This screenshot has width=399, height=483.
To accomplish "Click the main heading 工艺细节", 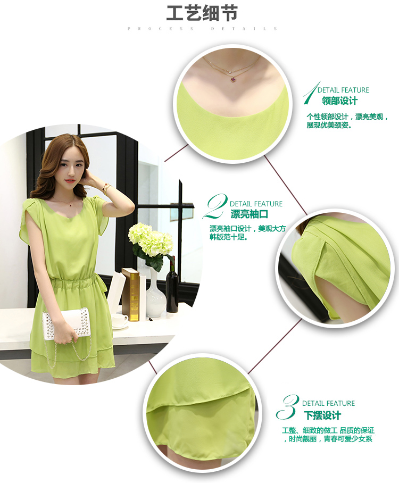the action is pyautogui.click(x=202, y=13).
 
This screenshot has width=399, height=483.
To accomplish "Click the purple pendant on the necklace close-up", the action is pyautogui.click(x=233, y=79).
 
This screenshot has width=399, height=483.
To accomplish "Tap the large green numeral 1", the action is pyautogui.click(x=310, y=93).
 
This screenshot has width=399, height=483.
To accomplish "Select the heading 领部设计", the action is pyautogui.click(x=340, y=101).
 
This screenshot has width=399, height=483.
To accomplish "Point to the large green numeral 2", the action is pyautogui.click(x=215, y=206).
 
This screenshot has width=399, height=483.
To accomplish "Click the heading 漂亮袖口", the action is pyautogui.click(x=250, y=214).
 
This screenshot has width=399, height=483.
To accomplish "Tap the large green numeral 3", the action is pyautogui.click(x=288, y=407).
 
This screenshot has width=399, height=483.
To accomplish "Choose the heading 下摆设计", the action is pyautogui.click(x=322, y=415).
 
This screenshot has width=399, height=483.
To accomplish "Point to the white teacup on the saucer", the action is pyautogui.click(x=120, y=320).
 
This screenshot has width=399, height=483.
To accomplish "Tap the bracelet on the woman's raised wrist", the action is pyautogui.click(x=106, y=188).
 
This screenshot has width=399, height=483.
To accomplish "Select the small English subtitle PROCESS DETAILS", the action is pyautogui.click(x=203, y=29).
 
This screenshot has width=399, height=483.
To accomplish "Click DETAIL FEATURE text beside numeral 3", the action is pyautogui.click(x=328, y=404).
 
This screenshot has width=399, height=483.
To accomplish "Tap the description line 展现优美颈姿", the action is pyautogui.click(x=329, y=125).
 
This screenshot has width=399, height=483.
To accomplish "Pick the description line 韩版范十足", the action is pyautogui.click(x=229, y=237).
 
